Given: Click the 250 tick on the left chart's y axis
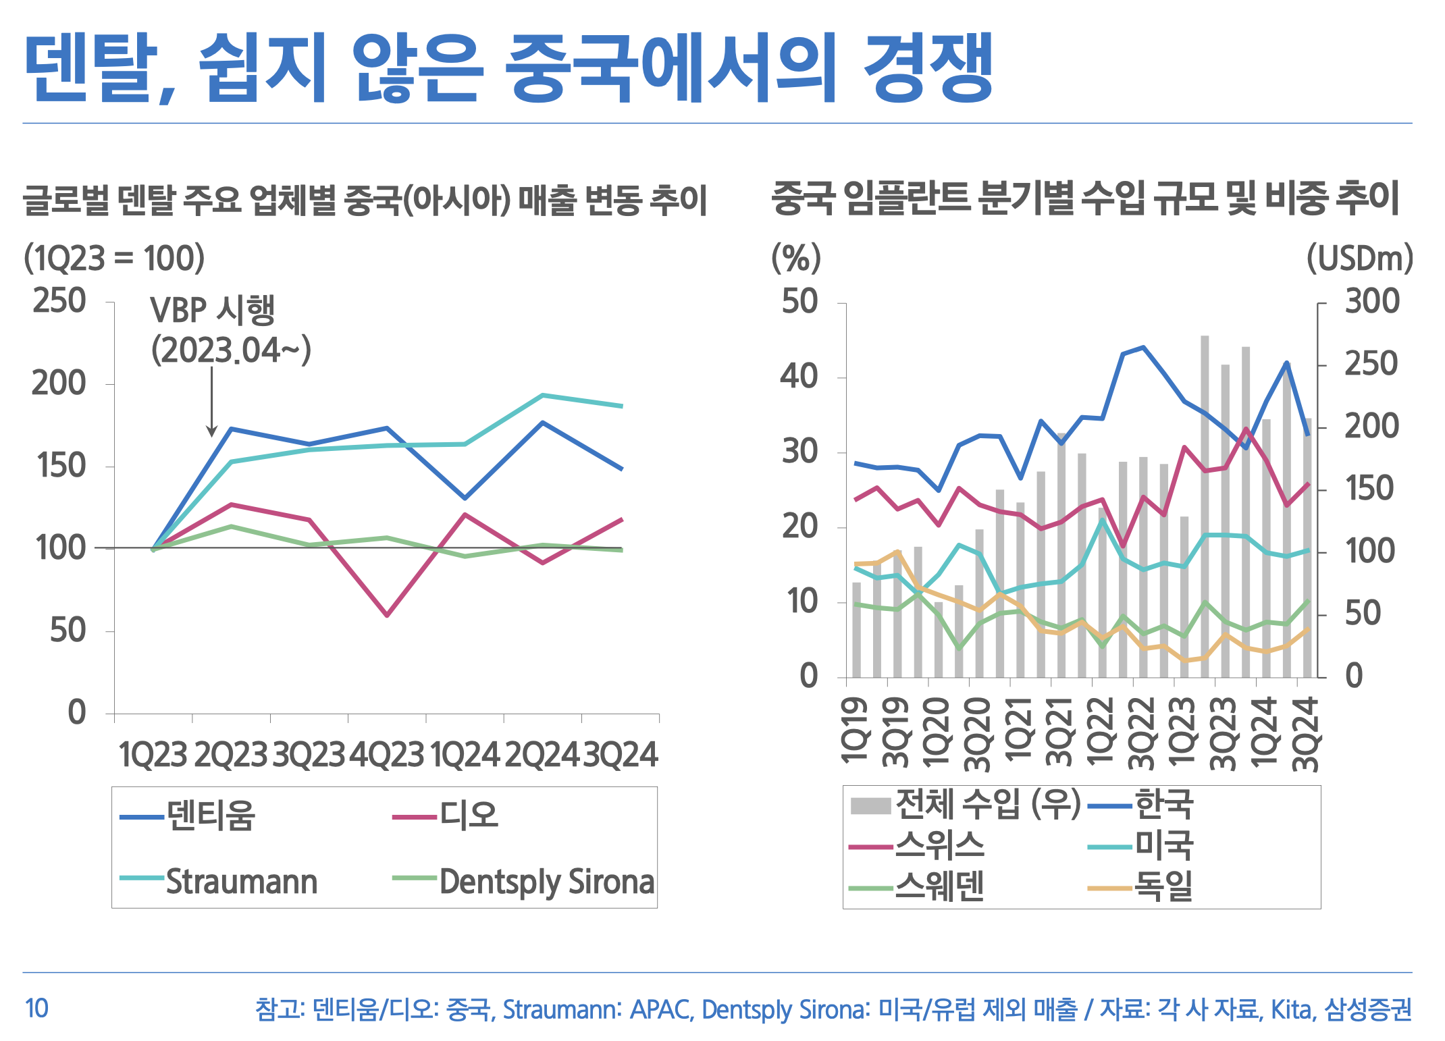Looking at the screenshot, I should [59, 301].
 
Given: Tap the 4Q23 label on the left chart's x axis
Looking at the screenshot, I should [387, 755].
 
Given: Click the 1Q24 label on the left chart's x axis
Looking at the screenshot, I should [465, 755].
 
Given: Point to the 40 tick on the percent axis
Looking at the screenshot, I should [799, 376].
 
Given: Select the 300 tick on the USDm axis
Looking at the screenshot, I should [1372, 301].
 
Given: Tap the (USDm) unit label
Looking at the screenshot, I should [1359, 258].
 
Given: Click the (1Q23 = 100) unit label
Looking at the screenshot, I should [114, 258].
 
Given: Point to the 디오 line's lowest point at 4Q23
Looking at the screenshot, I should [387, 615].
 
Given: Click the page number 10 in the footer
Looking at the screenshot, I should [36, 1009].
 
